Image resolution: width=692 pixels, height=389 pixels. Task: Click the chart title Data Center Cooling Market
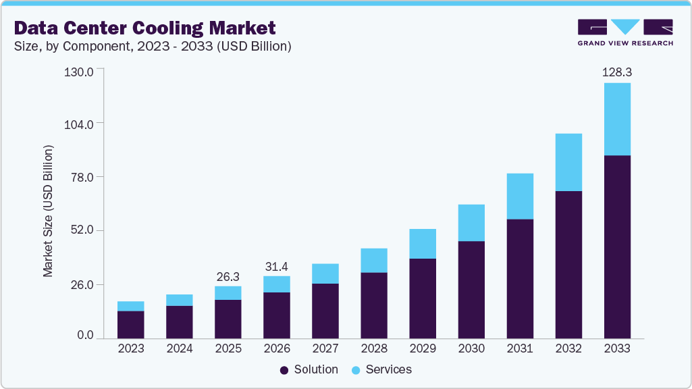(x=144, y=28)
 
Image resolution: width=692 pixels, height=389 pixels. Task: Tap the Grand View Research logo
(x=625, y=32)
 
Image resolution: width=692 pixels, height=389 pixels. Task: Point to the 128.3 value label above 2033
(x=617, y=72)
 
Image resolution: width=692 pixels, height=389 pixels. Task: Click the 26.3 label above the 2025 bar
(x=228, y=276)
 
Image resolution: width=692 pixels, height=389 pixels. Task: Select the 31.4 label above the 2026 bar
(x=277, y=266)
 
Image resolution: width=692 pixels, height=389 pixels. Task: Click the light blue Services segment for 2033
(x=617, y=119)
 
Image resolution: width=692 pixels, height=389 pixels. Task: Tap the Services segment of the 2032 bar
(x=568, y=162)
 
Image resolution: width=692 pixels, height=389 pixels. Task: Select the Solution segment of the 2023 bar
(x=131, y=324)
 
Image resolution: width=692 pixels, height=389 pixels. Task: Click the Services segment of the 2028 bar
(x=374, y=260)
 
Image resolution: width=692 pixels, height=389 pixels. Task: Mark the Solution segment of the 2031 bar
(x=520, y=278)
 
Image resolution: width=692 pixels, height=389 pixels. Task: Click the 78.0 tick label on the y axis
(x=81, y=178)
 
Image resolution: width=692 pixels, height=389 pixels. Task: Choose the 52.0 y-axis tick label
(x=81, y=231)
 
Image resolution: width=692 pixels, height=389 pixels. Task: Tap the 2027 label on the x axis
(x=325, y=349)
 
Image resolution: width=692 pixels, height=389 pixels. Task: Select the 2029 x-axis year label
(x=423, y=349)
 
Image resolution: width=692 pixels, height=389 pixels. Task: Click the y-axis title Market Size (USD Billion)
(x=48, y=211)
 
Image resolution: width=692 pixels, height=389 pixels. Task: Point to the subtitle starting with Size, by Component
(x=153, y=47)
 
